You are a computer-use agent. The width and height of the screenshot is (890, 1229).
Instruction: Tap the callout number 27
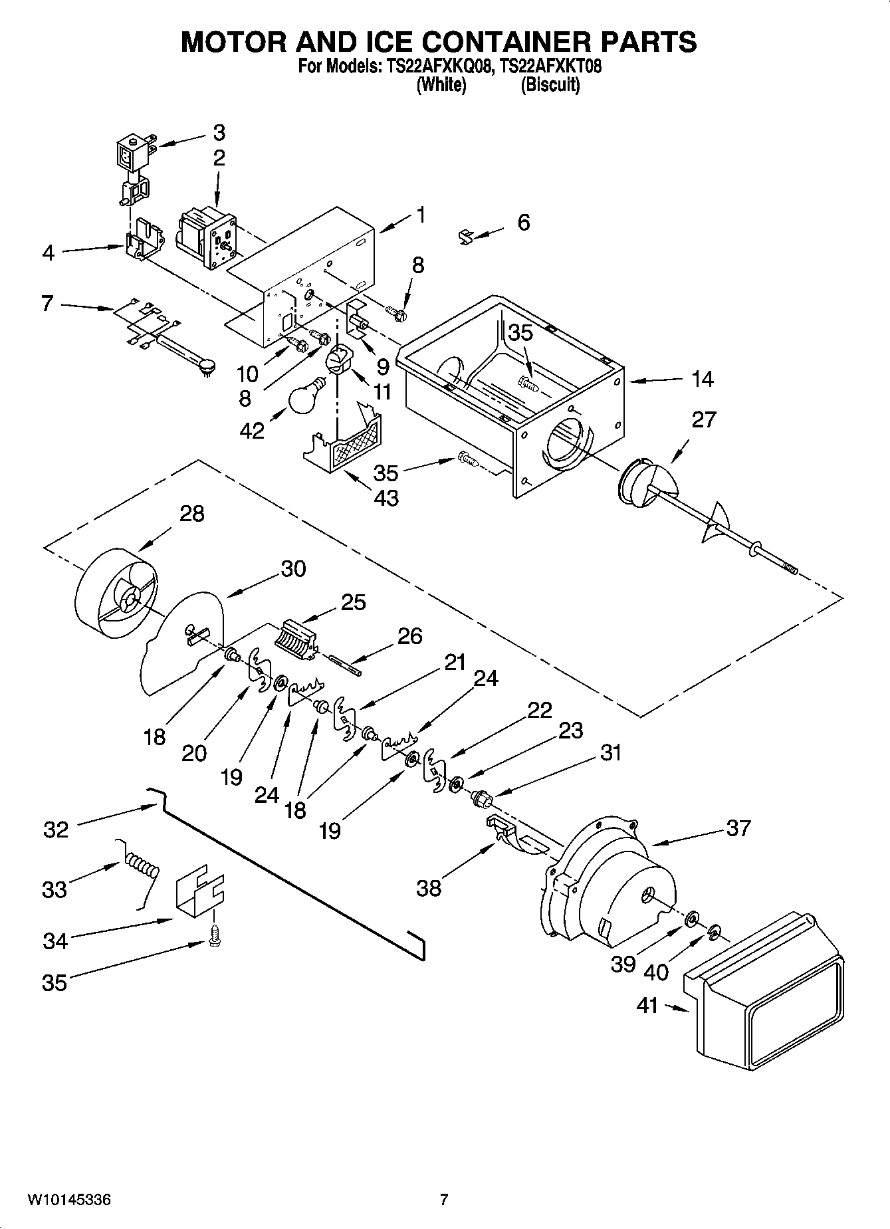tap(704, 419)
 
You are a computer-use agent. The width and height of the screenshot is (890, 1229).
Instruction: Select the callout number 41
tap(647, 1005)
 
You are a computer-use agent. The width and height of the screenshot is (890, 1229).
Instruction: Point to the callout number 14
tap(702, 379)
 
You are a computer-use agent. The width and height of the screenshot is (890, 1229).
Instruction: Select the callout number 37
tap(738, 828)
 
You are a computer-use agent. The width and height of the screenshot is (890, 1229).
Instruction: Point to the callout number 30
tap(292, 568)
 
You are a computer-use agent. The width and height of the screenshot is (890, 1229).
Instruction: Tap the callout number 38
tap(429, 887)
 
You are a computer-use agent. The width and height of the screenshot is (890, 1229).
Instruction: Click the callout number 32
tap(56, 830)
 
